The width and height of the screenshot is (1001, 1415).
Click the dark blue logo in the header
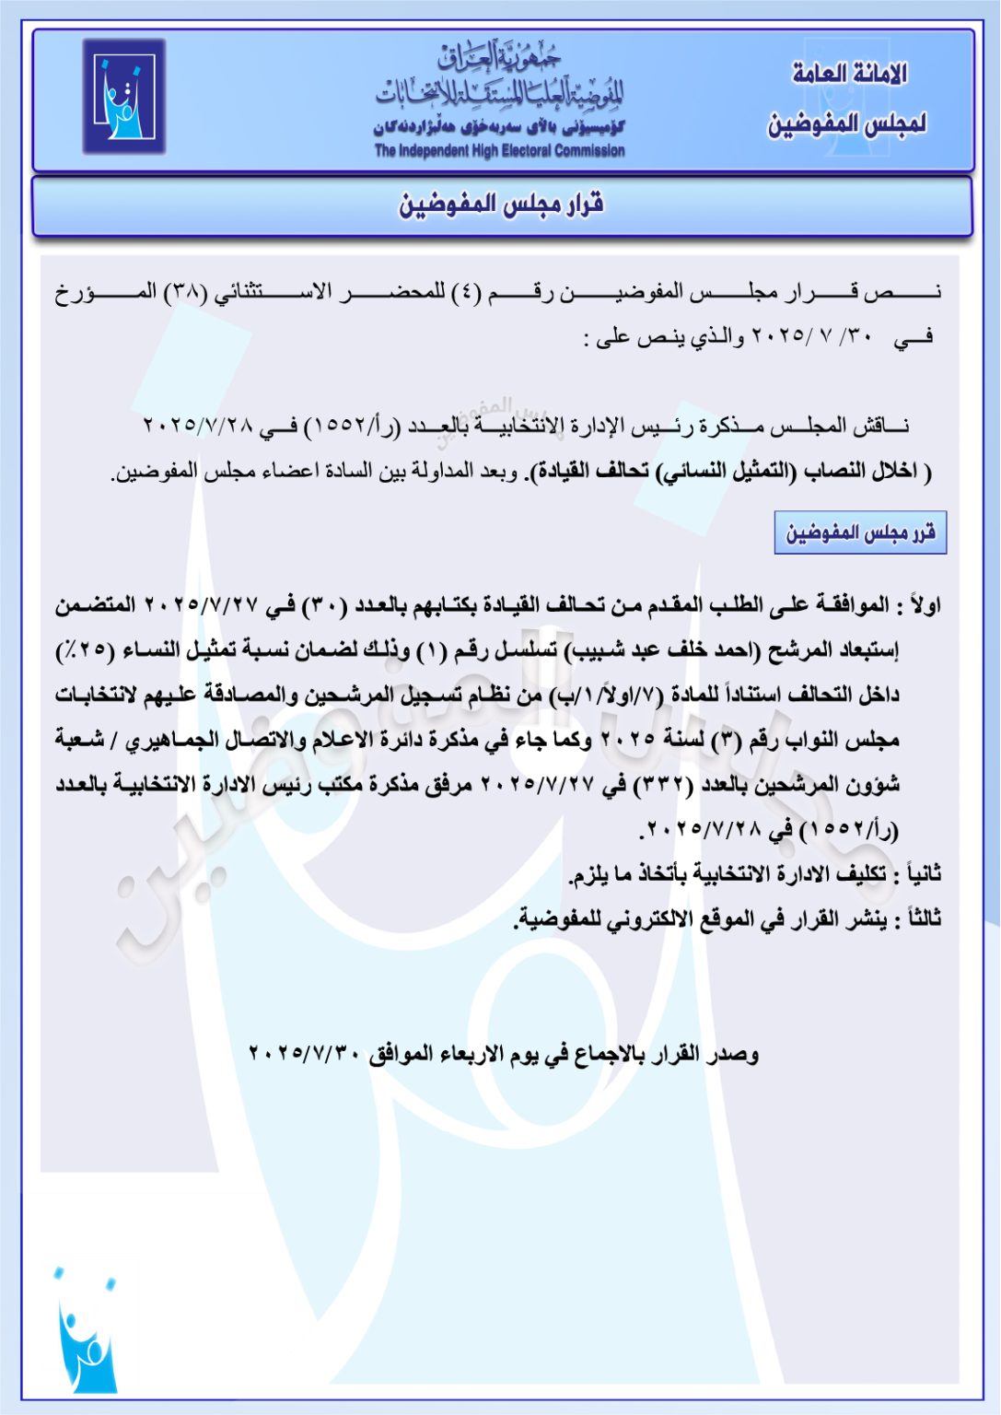[123, 96]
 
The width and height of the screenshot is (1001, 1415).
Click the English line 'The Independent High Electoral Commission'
[499, 151]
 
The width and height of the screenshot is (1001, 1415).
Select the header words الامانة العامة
[849, 74]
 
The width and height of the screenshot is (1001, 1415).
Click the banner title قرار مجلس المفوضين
[501, 205]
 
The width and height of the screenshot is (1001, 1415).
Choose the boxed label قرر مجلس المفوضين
[860, 532]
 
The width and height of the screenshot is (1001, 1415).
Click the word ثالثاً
[924, 918]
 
